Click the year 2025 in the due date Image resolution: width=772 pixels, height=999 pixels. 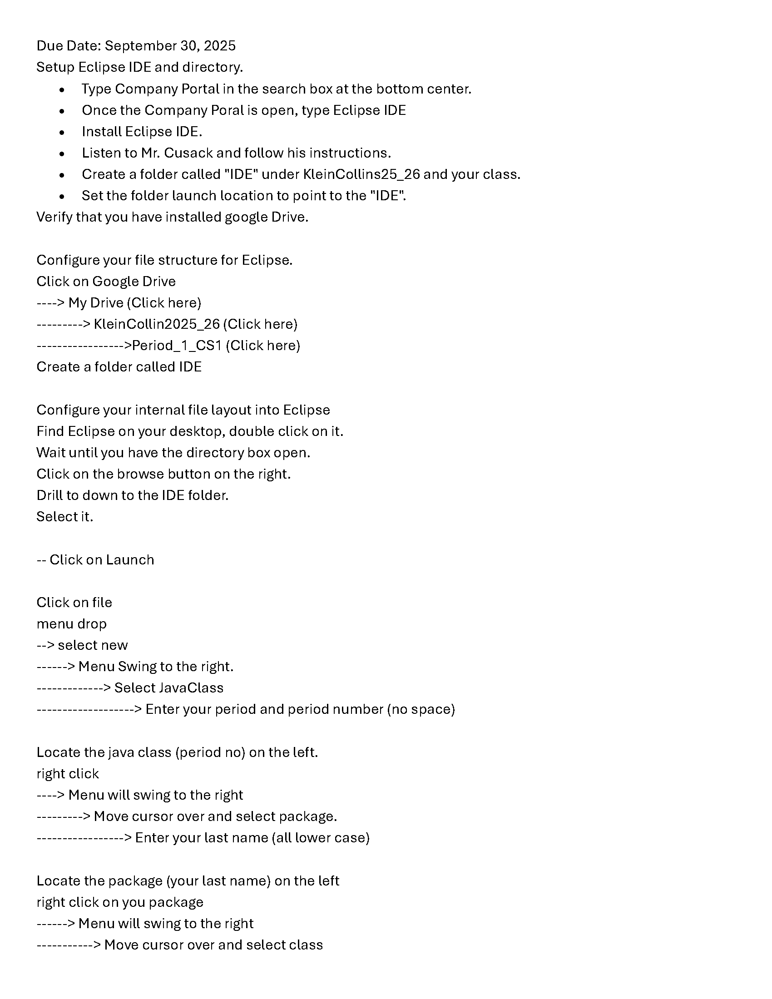coord(219,46)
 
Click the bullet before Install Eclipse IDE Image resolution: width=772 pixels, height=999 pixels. coord(62,132)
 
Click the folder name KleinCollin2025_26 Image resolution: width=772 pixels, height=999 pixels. coord(156,324)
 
